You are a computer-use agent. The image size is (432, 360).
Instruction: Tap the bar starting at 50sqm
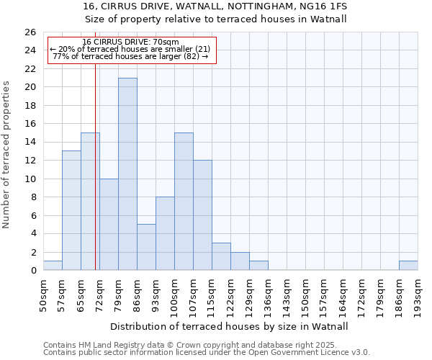coord(53,266)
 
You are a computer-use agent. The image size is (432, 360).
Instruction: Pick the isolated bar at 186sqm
coord(408,266)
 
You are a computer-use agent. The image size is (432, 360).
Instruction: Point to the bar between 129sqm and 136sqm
coord(258,266)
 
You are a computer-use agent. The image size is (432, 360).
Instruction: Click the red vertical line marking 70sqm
coord(95,180)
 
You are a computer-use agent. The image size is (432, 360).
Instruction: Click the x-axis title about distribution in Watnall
coord(230,326)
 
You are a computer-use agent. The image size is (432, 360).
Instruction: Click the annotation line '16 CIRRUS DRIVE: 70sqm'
coord(130,42)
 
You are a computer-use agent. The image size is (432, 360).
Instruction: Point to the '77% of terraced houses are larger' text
coord(130,56)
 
